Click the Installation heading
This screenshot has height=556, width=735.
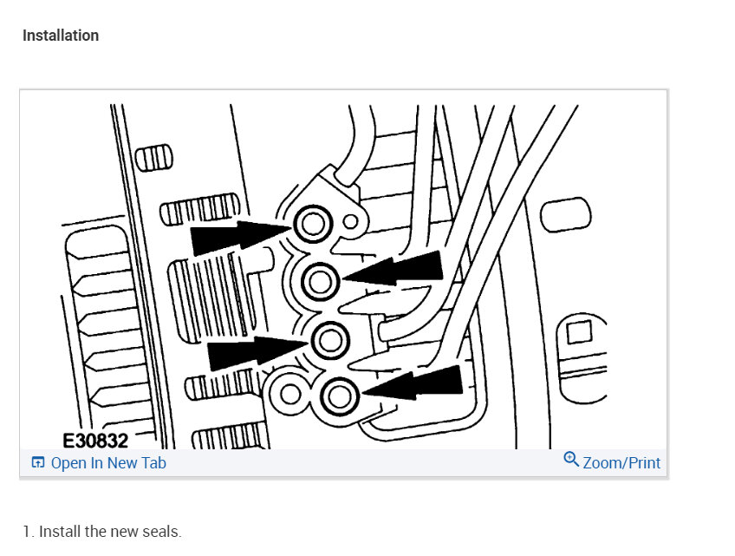coord(61,36)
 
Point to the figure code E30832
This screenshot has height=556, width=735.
coord(95,441)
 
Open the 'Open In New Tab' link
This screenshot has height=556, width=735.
coord(108,463)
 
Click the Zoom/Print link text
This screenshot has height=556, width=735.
coord(621,463)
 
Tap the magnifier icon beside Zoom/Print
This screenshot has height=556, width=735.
coord(571,459)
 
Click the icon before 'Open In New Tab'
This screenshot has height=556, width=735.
coord(38,463)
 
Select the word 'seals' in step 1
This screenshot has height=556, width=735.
coord(162,532)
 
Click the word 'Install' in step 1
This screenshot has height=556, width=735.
coord(59,532)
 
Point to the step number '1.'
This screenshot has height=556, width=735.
coord(29,532)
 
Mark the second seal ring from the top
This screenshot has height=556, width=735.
coord(320,280)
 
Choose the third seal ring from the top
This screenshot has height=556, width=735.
coord(328,339)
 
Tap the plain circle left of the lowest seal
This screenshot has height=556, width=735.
coord(292,393)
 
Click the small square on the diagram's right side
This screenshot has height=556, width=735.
coord(578,332)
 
